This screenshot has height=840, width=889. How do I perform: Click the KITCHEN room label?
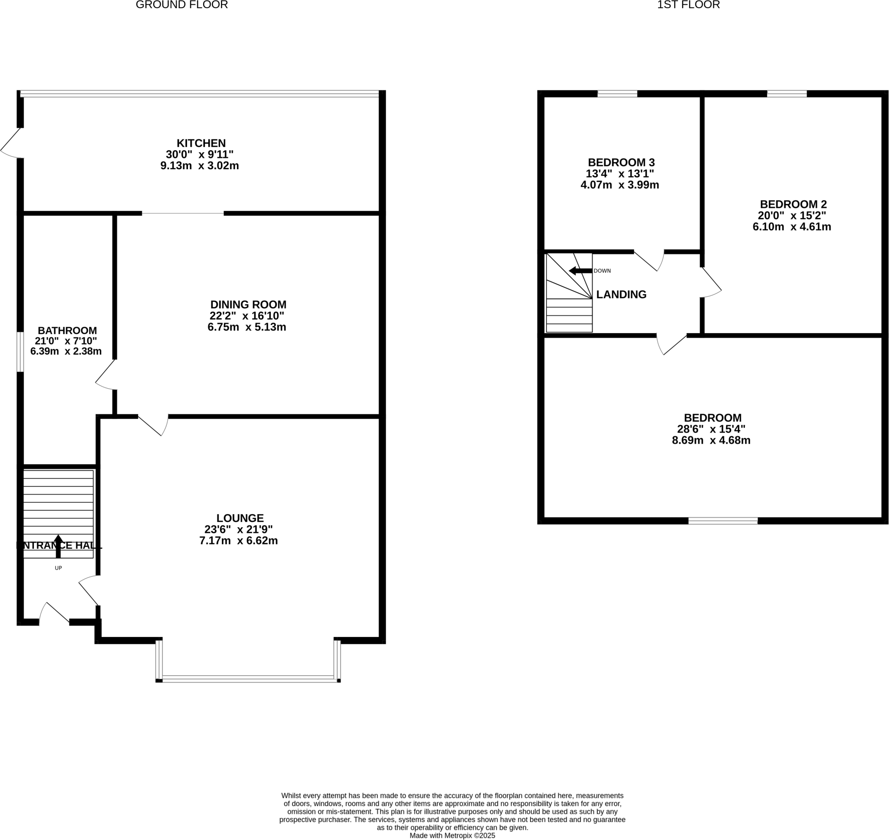click(x=201, y=143)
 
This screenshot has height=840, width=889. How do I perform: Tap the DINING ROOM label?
click(x=248, y=305)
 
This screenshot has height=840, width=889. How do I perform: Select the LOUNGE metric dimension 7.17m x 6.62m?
click(x=238, y=541)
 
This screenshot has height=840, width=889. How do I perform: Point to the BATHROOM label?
click(x=67, y=331)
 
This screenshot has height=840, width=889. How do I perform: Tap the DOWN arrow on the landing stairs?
click(x=580, y=270)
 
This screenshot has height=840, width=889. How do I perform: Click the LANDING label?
click(x=621, y=294)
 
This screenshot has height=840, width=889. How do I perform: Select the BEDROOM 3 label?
click(x=621, y=162)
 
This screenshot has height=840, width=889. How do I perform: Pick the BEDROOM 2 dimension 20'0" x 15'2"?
click(x=791, y=215)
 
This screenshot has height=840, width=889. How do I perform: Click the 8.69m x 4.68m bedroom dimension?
click(x=711, y=440)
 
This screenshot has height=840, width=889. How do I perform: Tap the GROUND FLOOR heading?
click(x=181, y=5)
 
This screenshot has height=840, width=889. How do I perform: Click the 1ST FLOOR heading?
click(x=688, y=5)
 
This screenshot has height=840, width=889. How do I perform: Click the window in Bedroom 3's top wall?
click(x=617, y=94)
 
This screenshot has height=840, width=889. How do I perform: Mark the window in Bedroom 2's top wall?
click(x=787, y=94)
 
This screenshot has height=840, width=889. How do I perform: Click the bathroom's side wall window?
click(x=20, y=351)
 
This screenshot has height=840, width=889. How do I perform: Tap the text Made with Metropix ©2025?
click(x=452, y=836)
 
